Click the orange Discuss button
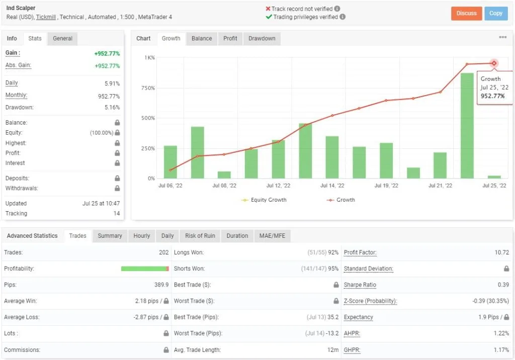click(x=466, y=14)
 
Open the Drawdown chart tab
click(x=262, y=38)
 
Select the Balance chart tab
click(x=202, y=38)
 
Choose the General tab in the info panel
click(x=62, y=38)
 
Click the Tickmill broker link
click(x=46, y=17)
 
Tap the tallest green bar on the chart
click(x=467, y=126)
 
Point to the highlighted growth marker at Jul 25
click(x=494, y=63)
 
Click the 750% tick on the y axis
click(x=148, y=88)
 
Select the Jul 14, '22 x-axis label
click(x=332, y=186)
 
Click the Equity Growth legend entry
click(x=264, y=200)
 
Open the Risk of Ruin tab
click(x=200, y=236)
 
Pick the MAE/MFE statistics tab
click(x=272, y=236)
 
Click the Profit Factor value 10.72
click(x=502, y=252)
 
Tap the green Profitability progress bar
click(x=145, y=268)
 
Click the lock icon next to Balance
click(x=117, y=123)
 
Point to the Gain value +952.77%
click(x=107, y=53)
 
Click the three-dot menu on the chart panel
click(x=502, y=37)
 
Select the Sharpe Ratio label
click(x=360, y=285)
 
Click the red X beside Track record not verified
click(x=268, y=9)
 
